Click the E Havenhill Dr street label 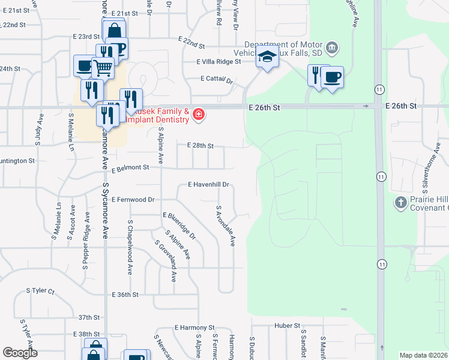pyautogui.click(x=209, y=185)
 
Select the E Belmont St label pyautogui.click(x=130, y=168)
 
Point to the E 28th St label pyautogui.click(x=200, y=146)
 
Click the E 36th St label pyautogui.click(x=125, y=295)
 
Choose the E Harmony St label pyautogui.click(x=194, y=328)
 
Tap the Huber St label pyautogui.click(x=287, y=326)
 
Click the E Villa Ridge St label pyautogui.click(x=218, y=61)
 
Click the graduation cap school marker pyautogui.click(x=267, y=58)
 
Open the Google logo pyautogui.click(x=20, y=353)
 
